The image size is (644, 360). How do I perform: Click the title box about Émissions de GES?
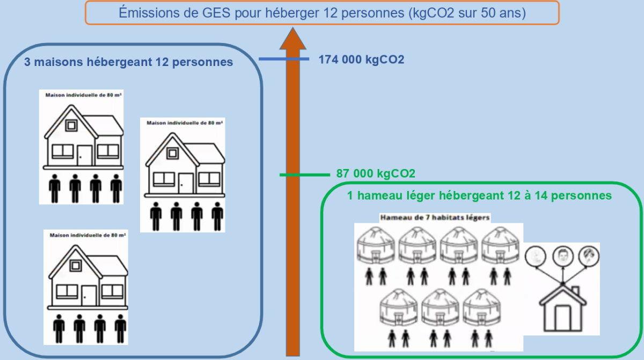point(322,12)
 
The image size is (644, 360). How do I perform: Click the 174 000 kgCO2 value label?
point(361,60)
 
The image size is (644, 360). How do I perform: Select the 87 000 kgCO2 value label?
point(376,174)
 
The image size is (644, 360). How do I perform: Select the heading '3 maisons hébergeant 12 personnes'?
point(129,62)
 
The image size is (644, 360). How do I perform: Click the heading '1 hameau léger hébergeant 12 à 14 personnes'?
point(479,196)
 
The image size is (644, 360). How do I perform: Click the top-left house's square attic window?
point(71,126)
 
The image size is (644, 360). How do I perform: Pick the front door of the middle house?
point(186,182)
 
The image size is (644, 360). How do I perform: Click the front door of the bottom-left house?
point(89,296)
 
